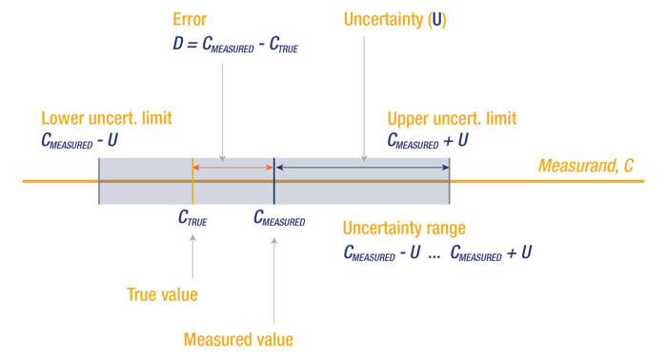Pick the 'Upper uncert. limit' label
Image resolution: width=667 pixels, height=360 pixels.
pos(452,119)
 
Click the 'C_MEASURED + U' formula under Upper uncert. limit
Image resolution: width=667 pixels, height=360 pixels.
pos(427,140)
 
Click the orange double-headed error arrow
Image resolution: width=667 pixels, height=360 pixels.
pos(233,169)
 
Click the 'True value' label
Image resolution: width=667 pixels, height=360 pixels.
pos(162,294)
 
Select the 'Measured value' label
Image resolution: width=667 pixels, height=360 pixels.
pos(237,339)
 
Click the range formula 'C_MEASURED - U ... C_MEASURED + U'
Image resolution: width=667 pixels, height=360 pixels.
pos(436,253)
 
